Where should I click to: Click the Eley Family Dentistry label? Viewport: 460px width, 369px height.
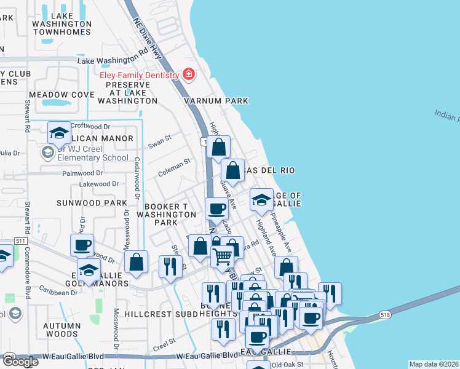pyautogui.click(x=140, y=75)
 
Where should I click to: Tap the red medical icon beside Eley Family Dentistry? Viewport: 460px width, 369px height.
pyautogui.click(x=188, y=76)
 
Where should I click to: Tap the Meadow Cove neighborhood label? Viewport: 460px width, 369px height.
pyautogui.click(x=61, y=95)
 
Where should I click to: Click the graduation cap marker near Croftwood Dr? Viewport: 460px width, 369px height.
pyautogui.click(x=60, y=133)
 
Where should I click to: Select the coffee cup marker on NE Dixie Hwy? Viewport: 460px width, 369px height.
pyautogui.click(x=216, y=208)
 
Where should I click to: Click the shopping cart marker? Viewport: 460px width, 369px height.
pyautogui.click(x=223, y=255)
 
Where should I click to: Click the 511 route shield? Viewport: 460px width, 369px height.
pyautogui.click(x=20, y=240)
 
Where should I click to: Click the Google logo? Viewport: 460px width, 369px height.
pyautogui.click(x=20, y=362)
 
